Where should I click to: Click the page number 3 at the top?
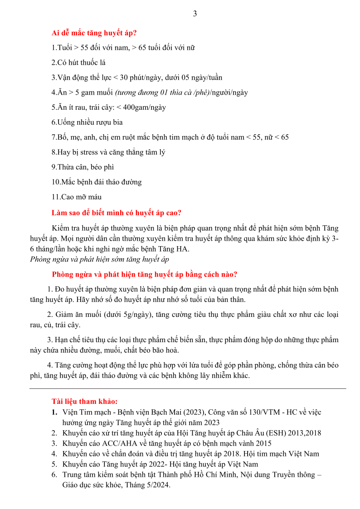click(195, 14)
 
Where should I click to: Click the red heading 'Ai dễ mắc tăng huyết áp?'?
click(94, 33)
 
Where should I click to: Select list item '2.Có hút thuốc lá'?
click(78, 63)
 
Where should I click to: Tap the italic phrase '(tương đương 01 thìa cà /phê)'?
click(162, 92)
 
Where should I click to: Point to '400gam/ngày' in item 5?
click(145, 107)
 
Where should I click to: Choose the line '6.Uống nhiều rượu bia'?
click(87, 122)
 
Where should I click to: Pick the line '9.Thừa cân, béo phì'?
click(83, 167)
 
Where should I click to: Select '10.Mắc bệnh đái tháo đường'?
click(97, 182)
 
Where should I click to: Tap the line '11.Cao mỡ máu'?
click(77, 197)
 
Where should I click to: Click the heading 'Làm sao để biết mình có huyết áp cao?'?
click(117, 213)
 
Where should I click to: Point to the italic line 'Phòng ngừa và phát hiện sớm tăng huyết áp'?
click(99, 259)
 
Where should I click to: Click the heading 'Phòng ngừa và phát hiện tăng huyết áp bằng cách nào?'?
click(145, 274)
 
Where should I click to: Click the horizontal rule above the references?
click(188, 388)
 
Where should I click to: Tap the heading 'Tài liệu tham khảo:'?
click(85, 402)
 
